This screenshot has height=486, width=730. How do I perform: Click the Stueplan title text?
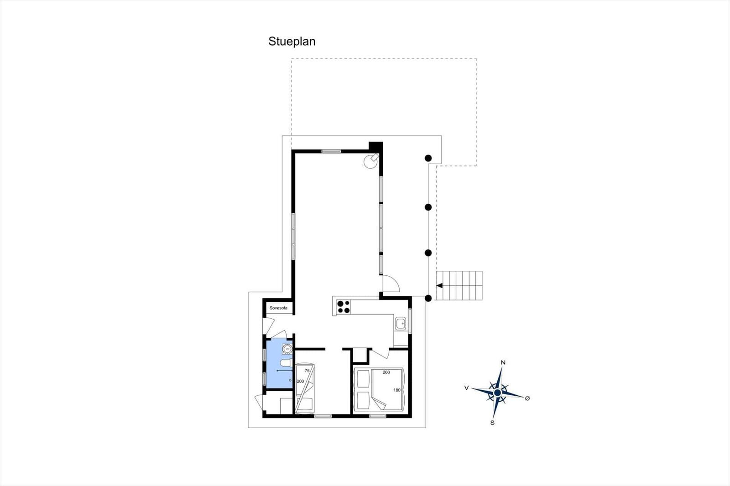point(292,41)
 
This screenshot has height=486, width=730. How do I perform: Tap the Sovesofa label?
point(278,308)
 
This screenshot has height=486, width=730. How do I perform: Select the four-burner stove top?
point(344,307)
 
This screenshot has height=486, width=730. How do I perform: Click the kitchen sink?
point(401,324)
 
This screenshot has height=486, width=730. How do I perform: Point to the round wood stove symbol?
point(371,161)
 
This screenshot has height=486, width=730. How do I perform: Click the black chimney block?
point(376,146)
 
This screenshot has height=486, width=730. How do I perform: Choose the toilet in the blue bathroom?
point(286,363)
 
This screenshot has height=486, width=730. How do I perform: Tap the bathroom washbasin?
point(287,349)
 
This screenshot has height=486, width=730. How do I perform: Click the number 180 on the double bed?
point(396,390)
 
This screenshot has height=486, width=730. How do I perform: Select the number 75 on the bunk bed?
point(307,370)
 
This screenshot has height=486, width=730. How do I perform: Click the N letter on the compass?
point(503,362)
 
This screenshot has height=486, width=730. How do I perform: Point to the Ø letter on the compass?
point(527,398)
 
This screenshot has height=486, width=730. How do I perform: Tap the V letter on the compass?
point(466,388)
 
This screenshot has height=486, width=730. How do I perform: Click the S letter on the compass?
point(492,423)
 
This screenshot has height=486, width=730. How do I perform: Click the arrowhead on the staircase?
point(439,286)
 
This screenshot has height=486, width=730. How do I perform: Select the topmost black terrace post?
point(428,158)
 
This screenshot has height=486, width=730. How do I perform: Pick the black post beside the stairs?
point(428,298)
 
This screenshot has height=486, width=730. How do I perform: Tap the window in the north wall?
point(331,151)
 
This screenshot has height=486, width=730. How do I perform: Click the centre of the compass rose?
point(497,393)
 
